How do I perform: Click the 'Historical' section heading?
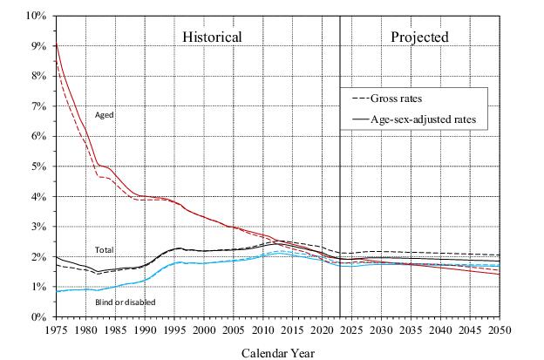point(211,37)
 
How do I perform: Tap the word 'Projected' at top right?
point(419,37)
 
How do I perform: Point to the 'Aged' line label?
point(105,115)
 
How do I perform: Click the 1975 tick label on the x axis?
point(56,331)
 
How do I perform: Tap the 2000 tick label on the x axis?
point(204,331)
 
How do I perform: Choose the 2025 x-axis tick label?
point(352,331)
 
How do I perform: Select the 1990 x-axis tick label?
point(145,331)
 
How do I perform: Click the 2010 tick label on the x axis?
point(263,331)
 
